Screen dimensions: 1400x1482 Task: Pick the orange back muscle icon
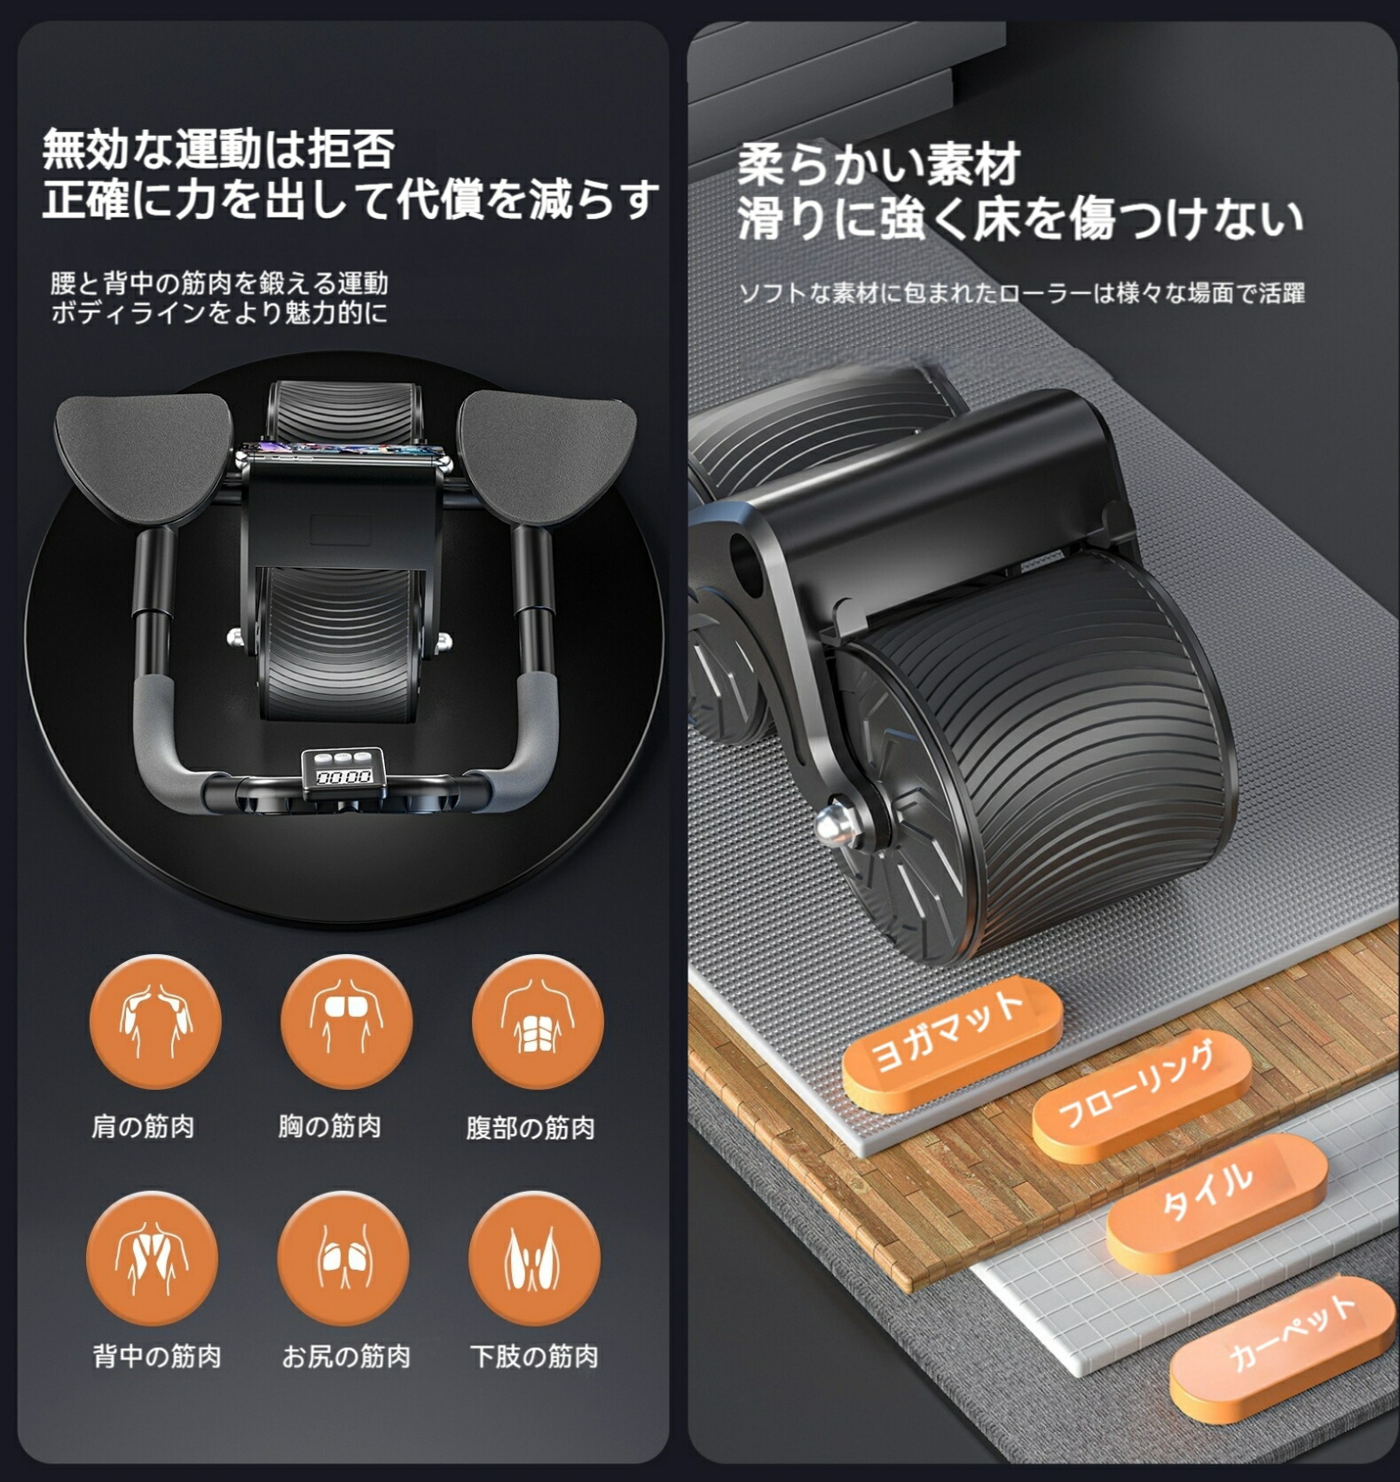pyautogui.click(x=152, y=1258)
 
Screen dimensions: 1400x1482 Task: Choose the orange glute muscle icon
pyautogui.click(x=343, y=1258)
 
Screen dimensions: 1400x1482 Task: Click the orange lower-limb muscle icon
pyautogui.click(x=534, y=1258)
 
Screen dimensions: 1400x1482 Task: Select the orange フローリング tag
pyautogui.click(x=1142, y=1097)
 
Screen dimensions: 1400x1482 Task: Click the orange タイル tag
pyautogui.click(x=1217, y=1200)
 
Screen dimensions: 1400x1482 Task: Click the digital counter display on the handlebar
pyautogui.click(x=343, y=771)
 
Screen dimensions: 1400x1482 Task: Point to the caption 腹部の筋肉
pyautogui.click(x=531, y=1128)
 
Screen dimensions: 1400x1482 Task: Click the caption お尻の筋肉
pyautogui.click(x=346, y=1356)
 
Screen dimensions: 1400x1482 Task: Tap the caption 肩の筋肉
pyautogui.click(x=143, y=1127)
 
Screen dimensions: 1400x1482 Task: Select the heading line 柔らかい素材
pyautogui.click(x=879, y=165)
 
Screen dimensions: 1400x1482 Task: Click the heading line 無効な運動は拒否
pyautogui.click(x=218, y=148)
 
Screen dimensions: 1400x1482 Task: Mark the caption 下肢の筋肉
pyautogui.click(x=534, y=1356)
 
